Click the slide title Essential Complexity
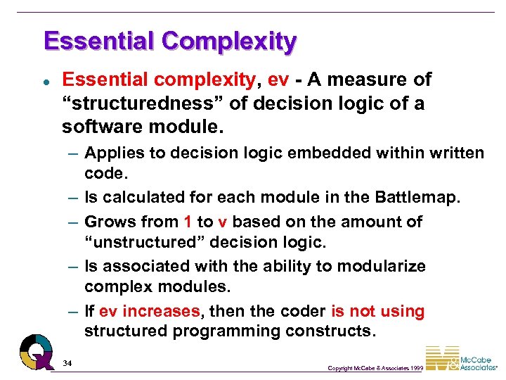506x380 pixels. (x=169, y=42)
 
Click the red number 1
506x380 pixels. (x=188, y=222)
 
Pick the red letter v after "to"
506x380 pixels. (x=222, y=222)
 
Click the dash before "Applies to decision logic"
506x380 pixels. (x=73, y=153)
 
